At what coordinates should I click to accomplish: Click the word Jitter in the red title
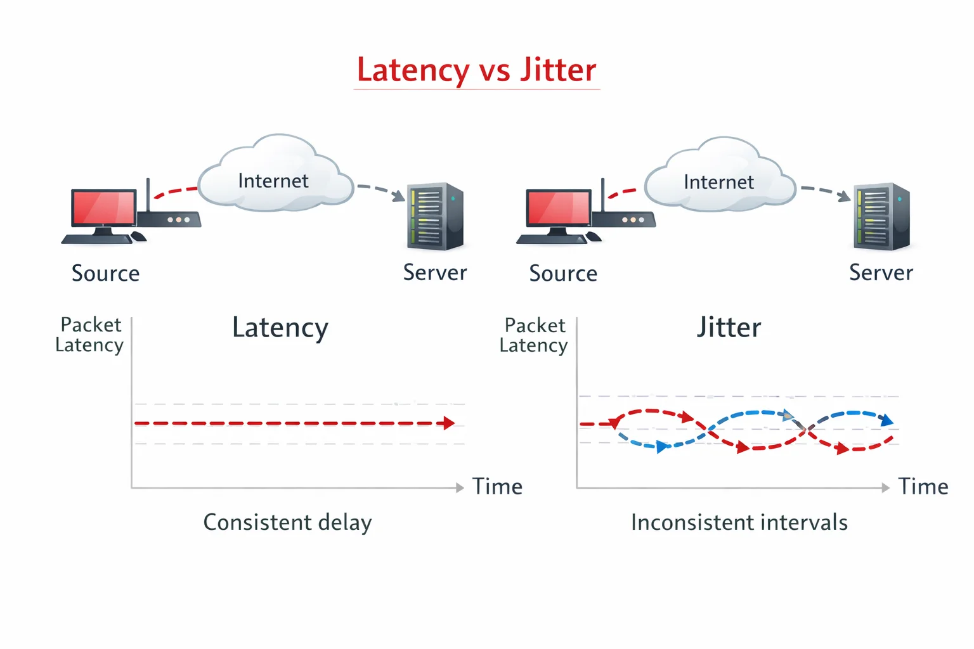click(558, 69)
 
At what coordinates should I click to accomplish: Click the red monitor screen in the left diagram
click(104, 207)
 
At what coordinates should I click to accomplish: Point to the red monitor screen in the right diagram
click(559, 207)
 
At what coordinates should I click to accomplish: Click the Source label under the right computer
click(563, 273)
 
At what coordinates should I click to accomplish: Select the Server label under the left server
click(435, 273)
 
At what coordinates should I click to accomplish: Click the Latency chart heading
click(280, 328)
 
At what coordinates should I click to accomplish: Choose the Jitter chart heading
click(729, 328)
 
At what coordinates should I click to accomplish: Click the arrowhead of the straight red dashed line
click(449, 423)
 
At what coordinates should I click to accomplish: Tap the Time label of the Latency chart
click(497, 487)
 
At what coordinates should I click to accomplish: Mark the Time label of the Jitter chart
click(923, 487)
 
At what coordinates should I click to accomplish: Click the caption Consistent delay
click(287, 522)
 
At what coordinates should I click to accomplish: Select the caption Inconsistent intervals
click(739, 522)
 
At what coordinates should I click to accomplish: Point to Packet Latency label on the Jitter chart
click(534, 335)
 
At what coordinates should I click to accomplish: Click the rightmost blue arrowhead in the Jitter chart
click(887, 420)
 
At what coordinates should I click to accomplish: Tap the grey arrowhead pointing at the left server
click(399, 196)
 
